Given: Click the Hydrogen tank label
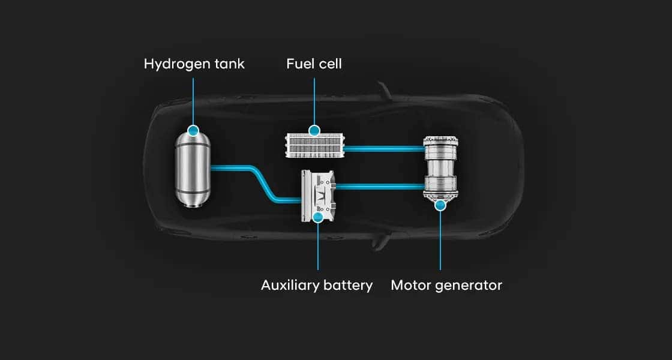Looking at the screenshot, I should click(x=194, y=64).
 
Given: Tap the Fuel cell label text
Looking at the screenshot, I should click(x=314, y=64).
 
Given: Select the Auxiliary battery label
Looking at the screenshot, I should click(x=317, y=285).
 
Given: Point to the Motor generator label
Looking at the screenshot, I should click(x=446, y=285).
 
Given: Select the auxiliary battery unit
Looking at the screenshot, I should click(x=318, y=196).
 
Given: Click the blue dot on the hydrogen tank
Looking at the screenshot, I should click(x=193, y=130).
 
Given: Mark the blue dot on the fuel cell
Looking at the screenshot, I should click(x=314, y=130).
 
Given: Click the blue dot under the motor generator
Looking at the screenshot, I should click(x=440, y=205).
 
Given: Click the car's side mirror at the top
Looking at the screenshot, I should click(x=384, y=91).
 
